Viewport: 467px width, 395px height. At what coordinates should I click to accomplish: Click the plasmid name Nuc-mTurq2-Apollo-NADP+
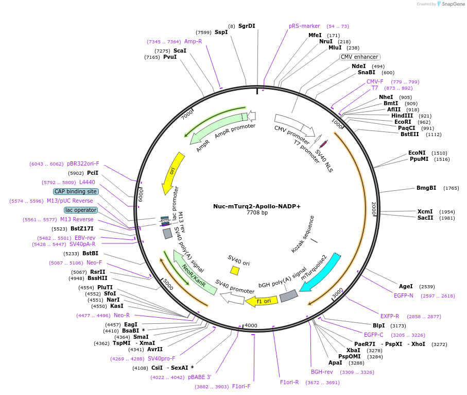pyautogui.click(x=257, y=206)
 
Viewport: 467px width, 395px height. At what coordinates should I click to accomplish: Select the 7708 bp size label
pyautogui.click(x=257, y=213)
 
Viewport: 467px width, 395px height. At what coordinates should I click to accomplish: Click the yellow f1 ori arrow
pyautogui.click(x=261, y=301)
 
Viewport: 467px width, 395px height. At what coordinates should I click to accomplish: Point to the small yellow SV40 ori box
pyautogui.click(x=235, y=270)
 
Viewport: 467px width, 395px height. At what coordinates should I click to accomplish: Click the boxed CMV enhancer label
pyautogui.click(x=359, y=57)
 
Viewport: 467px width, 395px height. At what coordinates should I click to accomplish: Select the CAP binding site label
pyautogui.click(x=76, y=191)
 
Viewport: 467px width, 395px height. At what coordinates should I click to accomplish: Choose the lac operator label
pyautogui.click(x=80, y=210)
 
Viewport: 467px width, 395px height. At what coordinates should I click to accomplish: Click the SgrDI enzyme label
pyautogui.click(x=247, y=26)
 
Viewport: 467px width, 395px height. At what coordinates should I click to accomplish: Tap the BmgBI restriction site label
pyautogui.click(x=426, y=188)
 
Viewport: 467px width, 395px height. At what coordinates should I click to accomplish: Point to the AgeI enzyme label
pyautogui.click(x=406, y=286)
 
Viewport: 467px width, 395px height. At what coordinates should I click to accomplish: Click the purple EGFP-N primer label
pyautogui.click(x=404, y=295)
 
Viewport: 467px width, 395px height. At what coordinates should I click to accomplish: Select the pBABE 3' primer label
pyautogui.click(x=199, y=377)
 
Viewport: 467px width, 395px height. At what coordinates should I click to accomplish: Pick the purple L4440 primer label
pyautogui.click(x=87, y=182)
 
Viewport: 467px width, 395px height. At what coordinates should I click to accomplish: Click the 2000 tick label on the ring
pyautogui.click(x=374, y=208)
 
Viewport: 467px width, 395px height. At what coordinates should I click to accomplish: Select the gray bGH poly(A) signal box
pyautogui.click(x=288, y=296)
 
